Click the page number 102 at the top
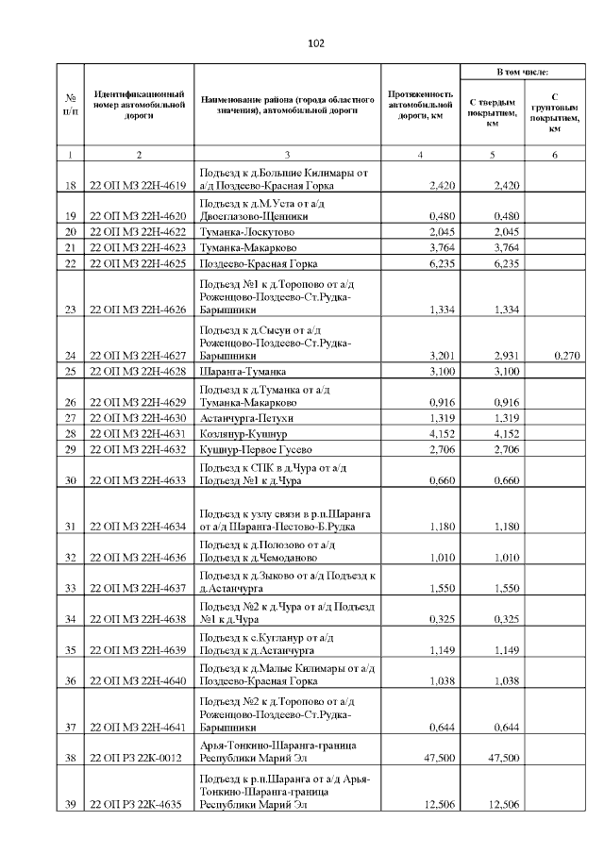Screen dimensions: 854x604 pyautogui.click(x=316, y=42)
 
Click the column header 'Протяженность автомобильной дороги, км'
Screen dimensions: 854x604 pyautogui.click(x=421, y=108)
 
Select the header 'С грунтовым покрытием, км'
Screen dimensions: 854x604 pyautogui.click(x=555, y=112)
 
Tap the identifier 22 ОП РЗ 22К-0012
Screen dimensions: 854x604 pyautogui.click(x=137, y=758)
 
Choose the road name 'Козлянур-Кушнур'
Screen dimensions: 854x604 pyautogui.click(x=237, y=433)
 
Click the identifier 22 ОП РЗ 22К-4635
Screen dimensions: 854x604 pyautogui.click(x=137, y=804)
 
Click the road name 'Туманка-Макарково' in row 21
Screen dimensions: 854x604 pyautogui.click(x=243, y=247)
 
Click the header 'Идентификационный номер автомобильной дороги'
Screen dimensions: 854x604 pyautogui.click(x=138, y=108)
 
